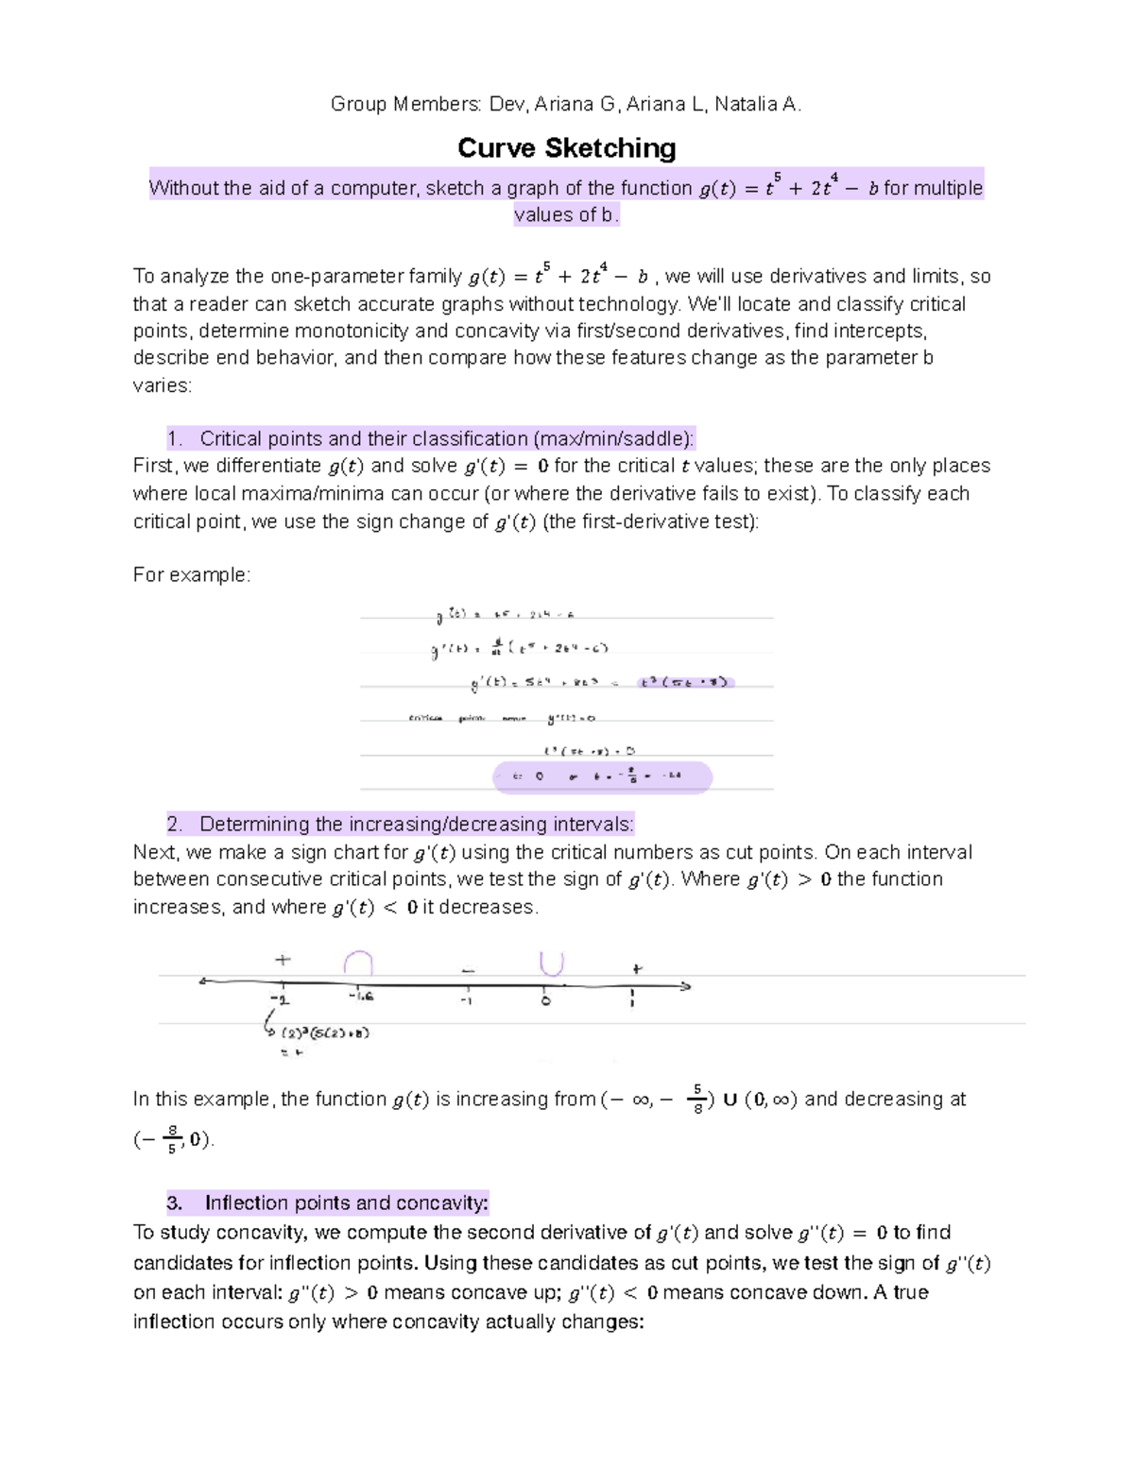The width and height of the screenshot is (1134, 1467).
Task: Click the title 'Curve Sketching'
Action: coord(566,148)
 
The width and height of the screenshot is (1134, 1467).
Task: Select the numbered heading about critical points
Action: coord(430,438)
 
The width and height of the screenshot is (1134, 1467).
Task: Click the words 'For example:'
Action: coord(192,574)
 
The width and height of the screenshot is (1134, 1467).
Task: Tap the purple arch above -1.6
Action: coord(358,963)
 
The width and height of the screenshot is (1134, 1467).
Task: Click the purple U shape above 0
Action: coord(551,963)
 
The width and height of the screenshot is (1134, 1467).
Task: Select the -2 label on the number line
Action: coord(280,998)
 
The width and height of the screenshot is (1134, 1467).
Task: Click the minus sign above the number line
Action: coord(468,970)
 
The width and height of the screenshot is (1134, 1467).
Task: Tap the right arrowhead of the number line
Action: coord(685,986)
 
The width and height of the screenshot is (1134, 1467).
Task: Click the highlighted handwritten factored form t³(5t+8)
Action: coord(684,682)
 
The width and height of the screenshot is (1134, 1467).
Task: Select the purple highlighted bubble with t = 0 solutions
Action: coord(602,776)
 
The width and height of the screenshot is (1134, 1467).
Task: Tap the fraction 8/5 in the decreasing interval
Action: coord(171,1139)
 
